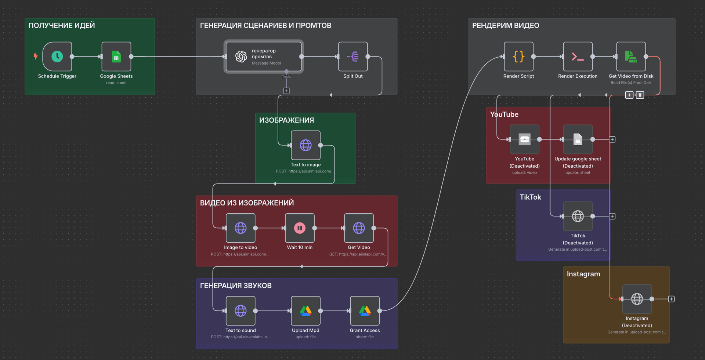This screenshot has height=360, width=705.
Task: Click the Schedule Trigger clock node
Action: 57,57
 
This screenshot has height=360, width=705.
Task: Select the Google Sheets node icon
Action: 116,57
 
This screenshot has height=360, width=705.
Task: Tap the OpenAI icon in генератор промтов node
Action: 241,57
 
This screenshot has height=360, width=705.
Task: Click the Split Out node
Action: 353,57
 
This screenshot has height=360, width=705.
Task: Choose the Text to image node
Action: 305,145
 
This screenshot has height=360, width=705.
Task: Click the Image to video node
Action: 241,228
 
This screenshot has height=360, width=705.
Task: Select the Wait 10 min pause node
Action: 300,228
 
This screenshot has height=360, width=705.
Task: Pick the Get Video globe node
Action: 359,228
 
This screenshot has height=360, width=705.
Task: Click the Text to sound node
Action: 241,311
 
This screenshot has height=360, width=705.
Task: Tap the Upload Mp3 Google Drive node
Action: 305,311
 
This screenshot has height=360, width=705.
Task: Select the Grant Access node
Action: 365,311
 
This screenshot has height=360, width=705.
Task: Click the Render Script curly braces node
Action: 518,57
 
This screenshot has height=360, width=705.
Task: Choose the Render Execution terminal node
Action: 578,57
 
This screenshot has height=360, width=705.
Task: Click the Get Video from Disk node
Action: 631,57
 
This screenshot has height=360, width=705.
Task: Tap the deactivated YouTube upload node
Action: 524,139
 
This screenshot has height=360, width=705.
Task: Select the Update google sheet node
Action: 578,139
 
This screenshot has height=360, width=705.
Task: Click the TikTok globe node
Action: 578,216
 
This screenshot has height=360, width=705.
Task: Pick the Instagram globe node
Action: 637,299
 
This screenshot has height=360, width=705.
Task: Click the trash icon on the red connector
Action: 640,95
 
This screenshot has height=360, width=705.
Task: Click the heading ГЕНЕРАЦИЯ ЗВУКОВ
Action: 236,286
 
